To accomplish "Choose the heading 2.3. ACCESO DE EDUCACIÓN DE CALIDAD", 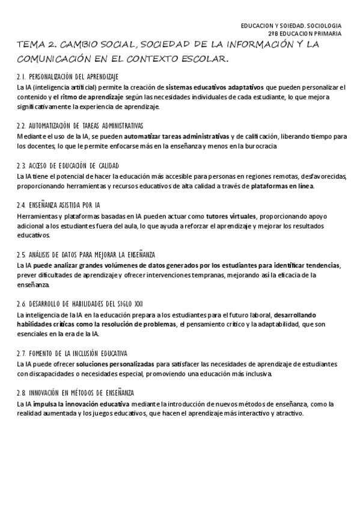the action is (68, 165).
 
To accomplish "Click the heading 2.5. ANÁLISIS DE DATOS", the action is (86, 255).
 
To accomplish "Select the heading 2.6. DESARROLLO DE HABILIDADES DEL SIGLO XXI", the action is (80, 304).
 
